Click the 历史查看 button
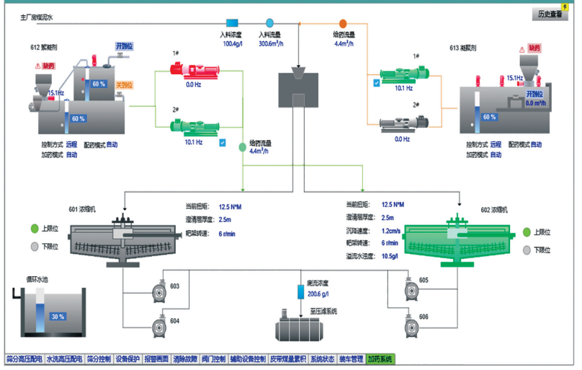[x=550, y=14]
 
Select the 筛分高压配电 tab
[x=22, y=358]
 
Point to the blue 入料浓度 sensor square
[x=232, y=23]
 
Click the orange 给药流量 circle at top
[x=343, y=23]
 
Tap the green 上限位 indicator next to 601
[x=33, y=229]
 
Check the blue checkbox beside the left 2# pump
[x=223, y=142]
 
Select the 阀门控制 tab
[x=214, y=358]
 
